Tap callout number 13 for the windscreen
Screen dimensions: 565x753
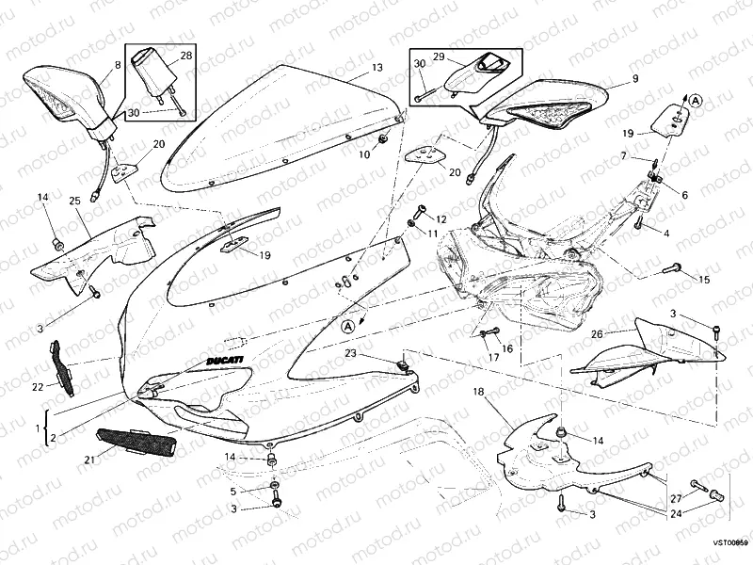coord(376,68)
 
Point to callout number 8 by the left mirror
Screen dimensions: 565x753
coord(118,65)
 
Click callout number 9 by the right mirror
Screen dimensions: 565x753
coord(634,78)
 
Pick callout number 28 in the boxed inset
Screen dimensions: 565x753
coord(185,57)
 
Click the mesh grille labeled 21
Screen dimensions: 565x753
coord(136,441)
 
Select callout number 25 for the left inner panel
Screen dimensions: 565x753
coord(73,201)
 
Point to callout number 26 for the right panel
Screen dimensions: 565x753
coord(597,333)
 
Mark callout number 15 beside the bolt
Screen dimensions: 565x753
coord(704,279)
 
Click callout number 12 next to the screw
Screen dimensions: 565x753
coord(441,219)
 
